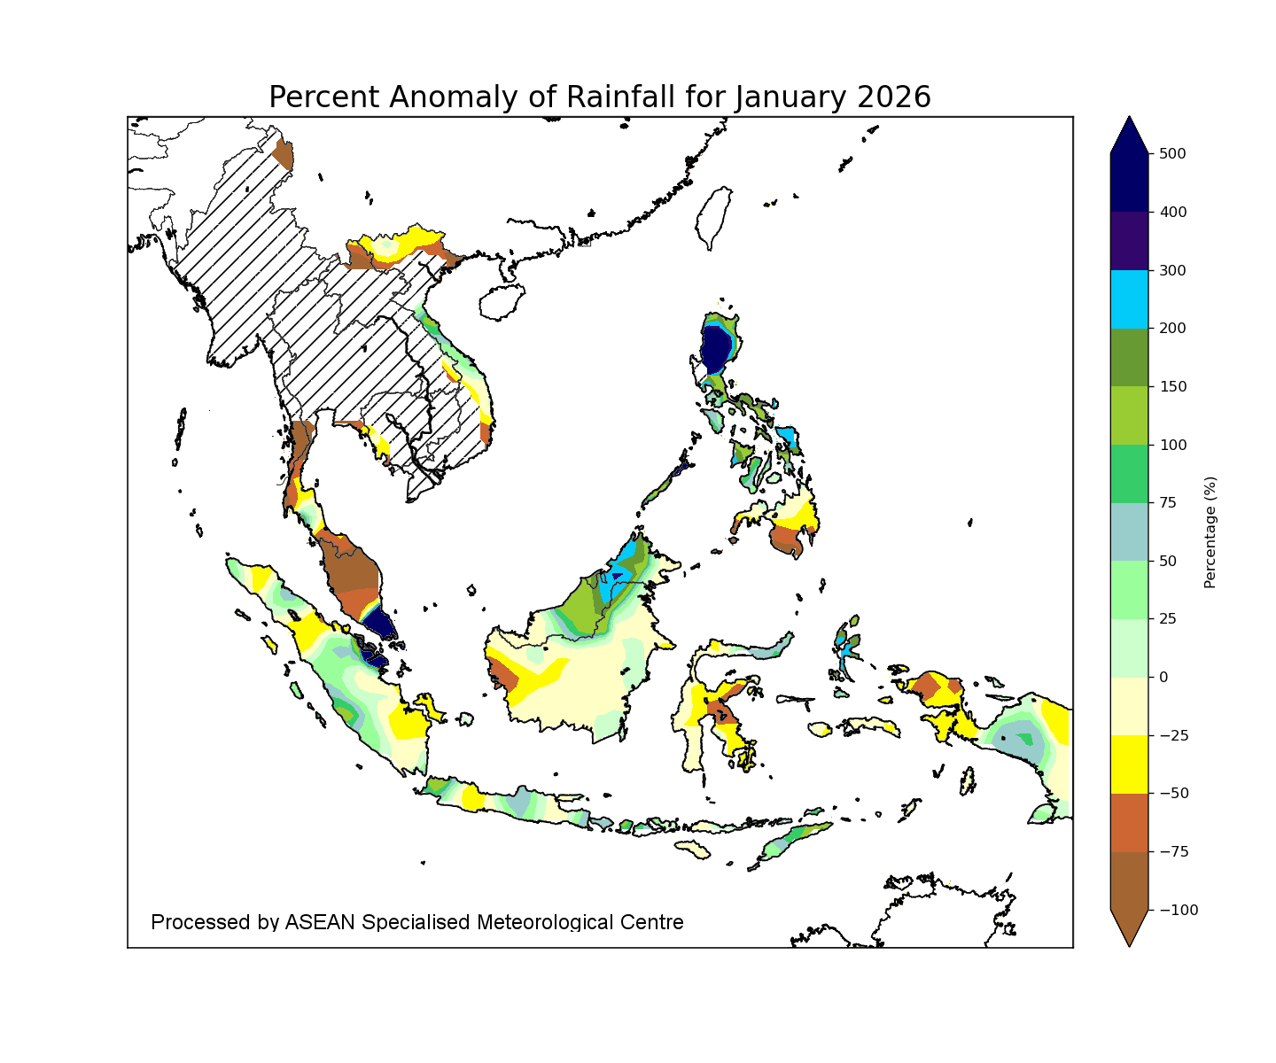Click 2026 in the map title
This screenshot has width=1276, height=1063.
[894, 97]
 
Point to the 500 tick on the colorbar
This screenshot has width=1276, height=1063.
[1172, 154]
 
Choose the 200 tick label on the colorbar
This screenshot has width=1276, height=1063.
[1172, 329]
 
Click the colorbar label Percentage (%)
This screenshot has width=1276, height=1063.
[1210, 532]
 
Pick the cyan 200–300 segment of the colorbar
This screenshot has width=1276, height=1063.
[1129, 299]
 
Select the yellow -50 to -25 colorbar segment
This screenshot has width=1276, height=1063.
[1129, 764]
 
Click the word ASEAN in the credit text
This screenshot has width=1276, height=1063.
[319, 922]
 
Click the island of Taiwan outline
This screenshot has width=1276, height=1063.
[714, 218]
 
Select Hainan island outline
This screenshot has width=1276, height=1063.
[502, 302]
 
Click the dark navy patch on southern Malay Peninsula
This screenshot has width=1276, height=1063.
[378, 622]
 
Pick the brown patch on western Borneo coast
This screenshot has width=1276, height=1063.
[503, 673]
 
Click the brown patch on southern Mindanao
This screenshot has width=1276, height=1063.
[786, 539]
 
